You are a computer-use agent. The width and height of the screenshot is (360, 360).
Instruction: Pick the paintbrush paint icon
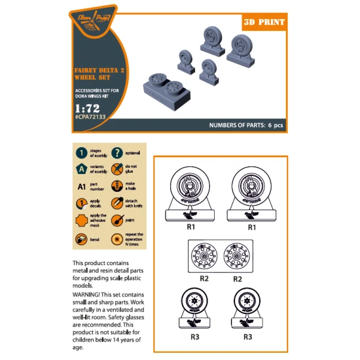point(117,221)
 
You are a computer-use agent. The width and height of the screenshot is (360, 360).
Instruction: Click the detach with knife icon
point(117,203)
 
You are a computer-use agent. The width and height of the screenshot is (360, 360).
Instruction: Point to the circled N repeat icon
point(117,238)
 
